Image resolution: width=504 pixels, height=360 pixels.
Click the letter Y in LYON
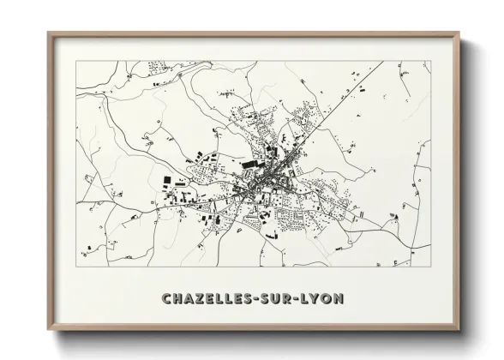coord(319,298)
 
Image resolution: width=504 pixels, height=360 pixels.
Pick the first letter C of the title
coord(165,298)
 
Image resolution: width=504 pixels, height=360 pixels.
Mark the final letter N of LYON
coord(340,298)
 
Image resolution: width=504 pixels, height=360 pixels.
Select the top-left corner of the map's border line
coord(76,61)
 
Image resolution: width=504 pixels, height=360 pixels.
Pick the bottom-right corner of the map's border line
coord(430,267)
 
